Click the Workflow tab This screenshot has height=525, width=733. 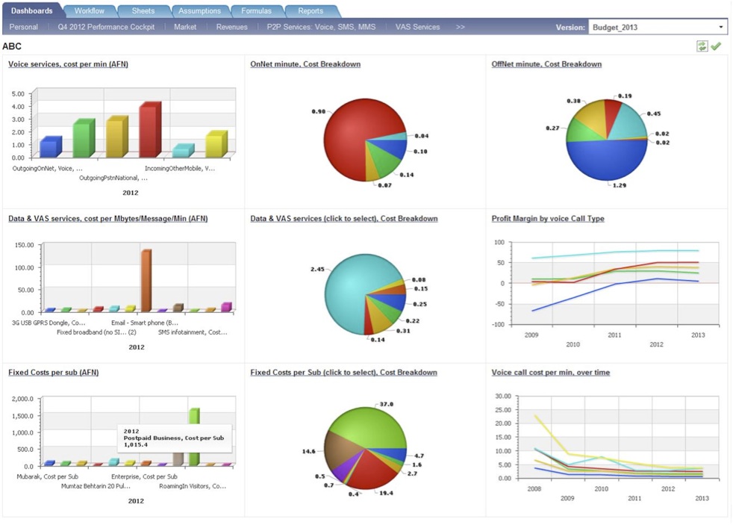click(x=89, y=11)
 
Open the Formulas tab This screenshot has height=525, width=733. click(x=256, y=11)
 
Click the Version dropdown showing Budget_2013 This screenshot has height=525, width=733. click(x=658, y=28)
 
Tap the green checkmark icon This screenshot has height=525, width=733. click(x=716, y=46)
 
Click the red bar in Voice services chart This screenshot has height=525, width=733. click(x=149, y=131)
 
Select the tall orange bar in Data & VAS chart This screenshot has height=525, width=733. click(x=146, y=280)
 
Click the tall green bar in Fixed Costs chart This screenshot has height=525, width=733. click(x=194, y=436)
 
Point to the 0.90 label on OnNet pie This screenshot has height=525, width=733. click(x=318, y=111)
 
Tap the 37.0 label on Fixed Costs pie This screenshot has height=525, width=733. click(x=387, y=404)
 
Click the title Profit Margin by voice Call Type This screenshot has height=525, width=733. click(x=547, y=219)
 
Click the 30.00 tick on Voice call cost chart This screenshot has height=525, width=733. click(x=502, y=397)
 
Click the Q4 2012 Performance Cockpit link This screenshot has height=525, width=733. click(x=106, y=27)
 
